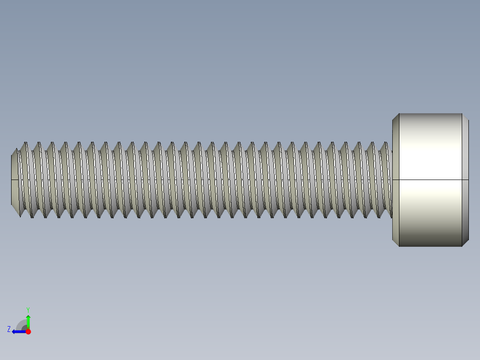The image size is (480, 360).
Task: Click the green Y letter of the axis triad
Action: pos(28,309)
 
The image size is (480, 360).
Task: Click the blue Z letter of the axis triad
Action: pos(9,329)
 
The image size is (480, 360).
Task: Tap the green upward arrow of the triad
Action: pos(28,320)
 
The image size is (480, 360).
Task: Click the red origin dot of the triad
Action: pos(28,331)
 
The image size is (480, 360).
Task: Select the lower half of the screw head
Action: pos(430,213)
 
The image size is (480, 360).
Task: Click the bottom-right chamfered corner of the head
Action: pos(465,242)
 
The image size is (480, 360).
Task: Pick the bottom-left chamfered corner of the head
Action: pos(395,242)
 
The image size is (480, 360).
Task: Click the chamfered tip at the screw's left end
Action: pos(15,180)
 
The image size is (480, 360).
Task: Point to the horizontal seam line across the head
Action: pos(430,180)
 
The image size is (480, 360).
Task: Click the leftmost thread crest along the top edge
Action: pos(25,143)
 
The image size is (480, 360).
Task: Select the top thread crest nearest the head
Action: pos(386,143)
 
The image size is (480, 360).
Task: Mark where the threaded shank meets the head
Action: pos(392,180)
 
